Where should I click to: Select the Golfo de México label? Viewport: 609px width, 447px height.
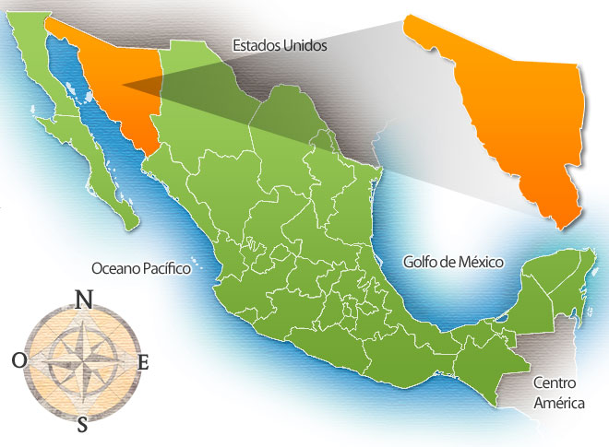[x=453, y=262]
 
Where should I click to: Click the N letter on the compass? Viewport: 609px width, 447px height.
[x=83, y=299]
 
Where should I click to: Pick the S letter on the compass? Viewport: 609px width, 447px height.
[x=83, y=425]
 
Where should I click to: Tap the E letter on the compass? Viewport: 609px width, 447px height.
[x=143, y=362]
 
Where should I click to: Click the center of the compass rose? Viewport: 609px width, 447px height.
[x=82, y=362]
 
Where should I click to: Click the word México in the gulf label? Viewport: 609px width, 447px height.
[x=479, y=262]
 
